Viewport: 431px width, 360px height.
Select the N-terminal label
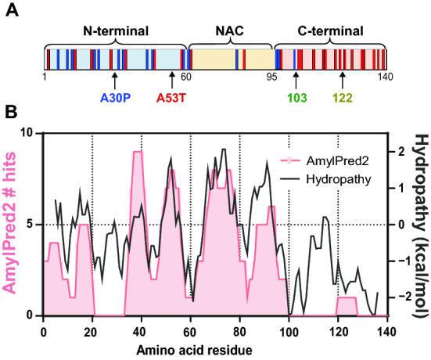tap(116, 31)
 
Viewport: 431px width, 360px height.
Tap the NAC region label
tap(230, 31)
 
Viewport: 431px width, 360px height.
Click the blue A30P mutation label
tap(114, 99)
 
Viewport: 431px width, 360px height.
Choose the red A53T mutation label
tap(172, 99)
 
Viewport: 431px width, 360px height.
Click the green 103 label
tap(296, 99)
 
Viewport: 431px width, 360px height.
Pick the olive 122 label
tap(342, 99)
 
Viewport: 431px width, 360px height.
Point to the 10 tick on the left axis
tap(31, 133)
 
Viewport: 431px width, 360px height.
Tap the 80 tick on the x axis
tap(239, 327)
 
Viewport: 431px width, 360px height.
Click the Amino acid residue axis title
tap(211, 344)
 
